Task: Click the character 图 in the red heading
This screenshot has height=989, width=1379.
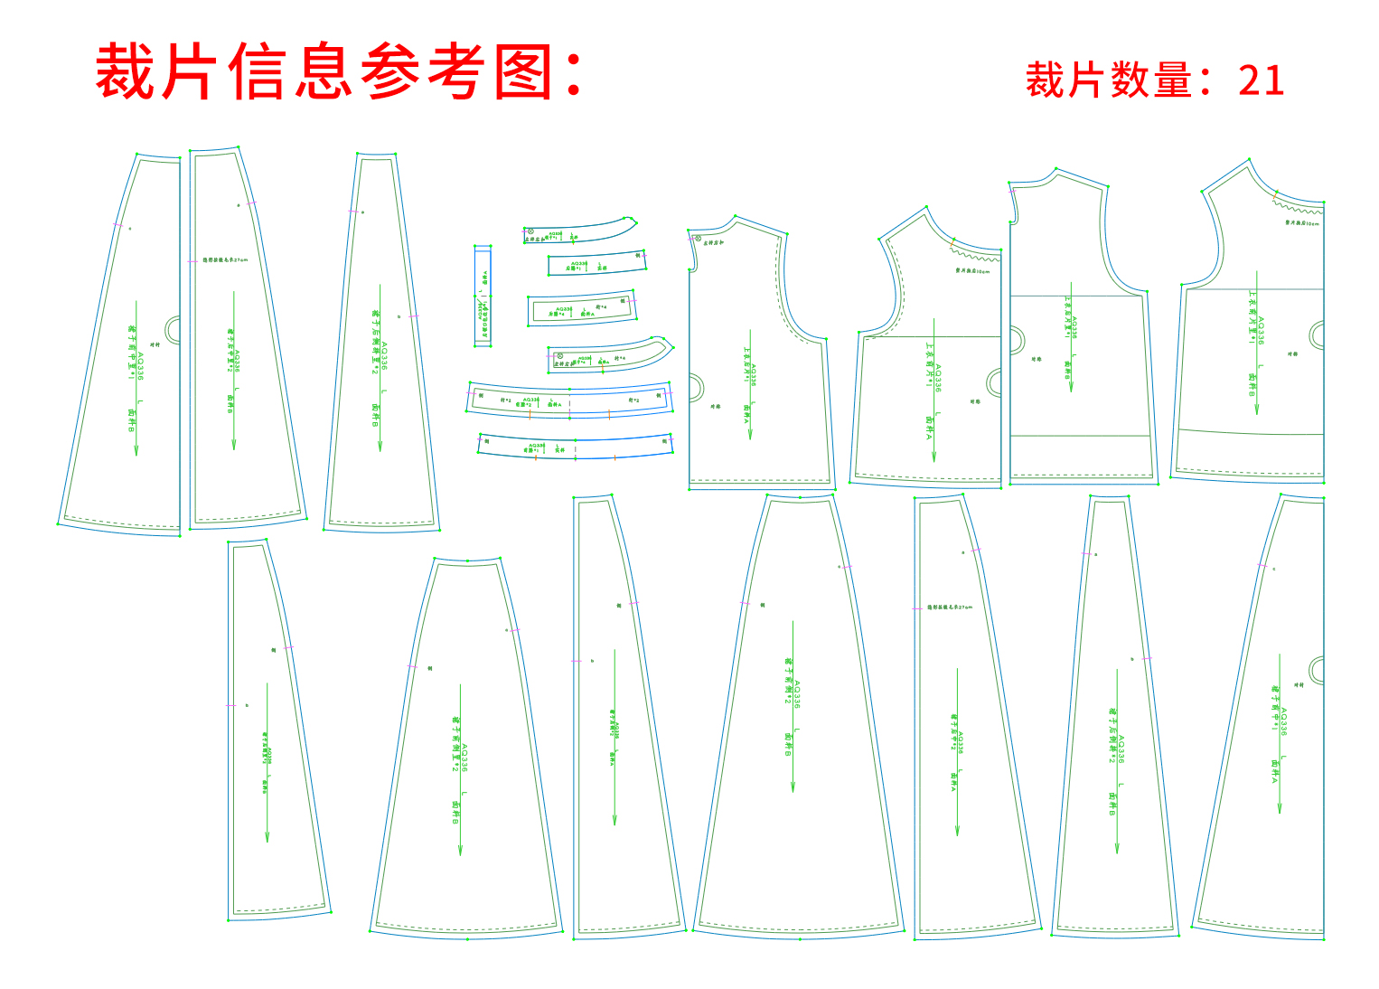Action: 524,71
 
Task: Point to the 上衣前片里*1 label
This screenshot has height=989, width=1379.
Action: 1252,316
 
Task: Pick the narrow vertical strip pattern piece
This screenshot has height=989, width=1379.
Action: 483,296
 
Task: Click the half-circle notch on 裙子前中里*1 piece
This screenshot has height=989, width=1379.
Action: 173,329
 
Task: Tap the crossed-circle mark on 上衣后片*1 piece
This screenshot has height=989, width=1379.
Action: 697,239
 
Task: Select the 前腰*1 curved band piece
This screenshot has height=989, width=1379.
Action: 574,447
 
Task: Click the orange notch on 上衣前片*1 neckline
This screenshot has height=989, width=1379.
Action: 952,242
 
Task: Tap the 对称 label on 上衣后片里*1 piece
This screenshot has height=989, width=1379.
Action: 1036,359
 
